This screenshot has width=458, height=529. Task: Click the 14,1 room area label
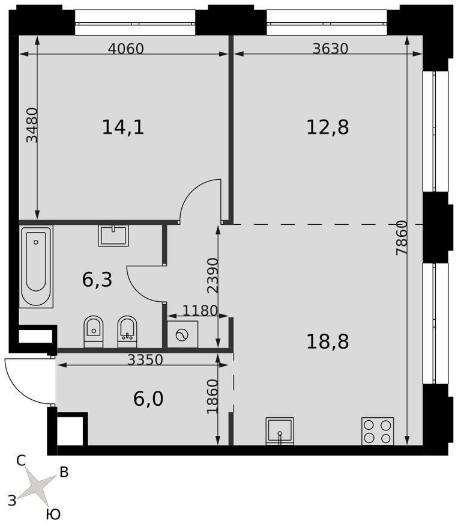coord(123,127)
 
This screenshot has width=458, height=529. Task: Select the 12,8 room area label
coord(327,127)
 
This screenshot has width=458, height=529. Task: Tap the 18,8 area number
coord(327,341)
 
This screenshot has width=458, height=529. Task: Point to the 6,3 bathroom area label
coord(97,280)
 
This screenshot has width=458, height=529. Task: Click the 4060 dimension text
coord(126,49)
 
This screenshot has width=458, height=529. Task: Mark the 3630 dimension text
coord(330,49)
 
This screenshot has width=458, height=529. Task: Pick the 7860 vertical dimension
coord(402,238)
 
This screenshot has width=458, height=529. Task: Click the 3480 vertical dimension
coord(32,124)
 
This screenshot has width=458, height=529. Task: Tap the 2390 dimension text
coord(212,276)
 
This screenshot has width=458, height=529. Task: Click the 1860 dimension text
coord(212,396)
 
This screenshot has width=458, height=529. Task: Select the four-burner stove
coord(378,431)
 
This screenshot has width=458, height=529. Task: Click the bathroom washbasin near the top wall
coord(113,235)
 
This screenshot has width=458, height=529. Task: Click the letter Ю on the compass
coord(53,515)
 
